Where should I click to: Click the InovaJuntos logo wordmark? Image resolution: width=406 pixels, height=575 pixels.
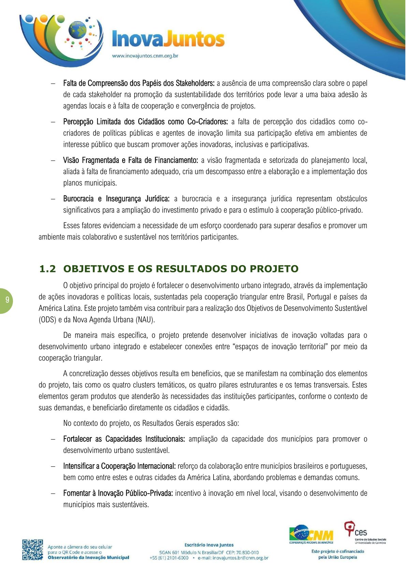tap(168, 39)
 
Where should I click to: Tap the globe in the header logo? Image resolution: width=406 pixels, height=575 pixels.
tap(78, 30)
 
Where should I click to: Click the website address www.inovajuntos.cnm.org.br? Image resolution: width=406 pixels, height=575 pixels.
tap(145, 56)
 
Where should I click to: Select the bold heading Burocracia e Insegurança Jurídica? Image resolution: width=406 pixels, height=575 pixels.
tap(116, 199)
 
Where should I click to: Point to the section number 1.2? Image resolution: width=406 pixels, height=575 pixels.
tap(47, 269)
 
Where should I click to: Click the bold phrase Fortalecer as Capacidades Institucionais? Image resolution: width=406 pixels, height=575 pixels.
tap(124, 439)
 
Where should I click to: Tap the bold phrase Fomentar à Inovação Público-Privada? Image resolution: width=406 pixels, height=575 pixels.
tap(118, 493)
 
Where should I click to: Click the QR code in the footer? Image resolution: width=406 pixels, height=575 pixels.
tap(33, 550)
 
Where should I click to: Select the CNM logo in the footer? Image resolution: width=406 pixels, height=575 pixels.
tap(311, 534)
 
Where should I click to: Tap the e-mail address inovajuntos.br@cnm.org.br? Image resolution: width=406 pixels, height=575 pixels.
tap(233, 558)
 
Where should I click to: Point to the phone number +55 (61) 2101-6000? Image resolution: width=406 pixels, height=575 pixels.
tap(169, 558)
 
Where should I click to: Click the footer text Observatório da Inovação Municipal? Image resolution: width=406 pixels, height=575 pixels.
tap(88, 558)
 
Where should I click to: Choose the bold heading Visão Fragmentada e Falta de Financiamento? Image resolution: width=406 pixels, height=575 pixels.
tap(131, 160)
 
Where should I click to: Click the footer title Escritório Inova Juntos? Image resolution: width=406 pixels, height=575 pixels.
tap(209, 545)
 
